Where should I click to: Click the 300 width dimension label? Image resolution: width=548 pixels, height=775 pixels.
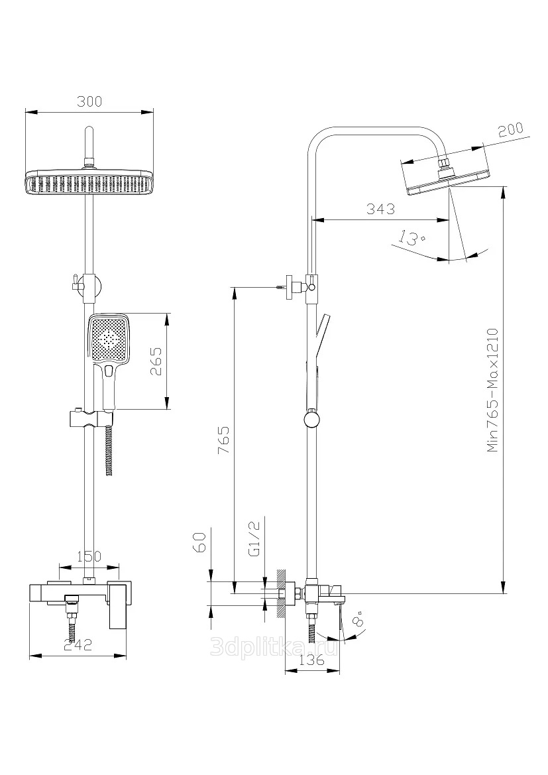89,101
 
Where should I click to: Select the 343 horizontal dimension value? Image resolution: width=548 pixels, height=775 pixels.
380,209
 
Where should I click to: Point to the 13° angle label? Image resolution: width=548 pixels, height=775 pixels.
411,237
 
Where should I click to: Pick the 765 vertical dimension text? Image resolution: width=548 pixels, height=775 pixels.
223,440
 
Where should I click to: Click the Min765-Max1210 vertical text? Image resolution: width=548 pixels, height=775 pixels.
492,390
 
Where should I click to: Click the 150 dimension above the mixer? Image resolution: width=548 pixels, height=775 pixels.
89,557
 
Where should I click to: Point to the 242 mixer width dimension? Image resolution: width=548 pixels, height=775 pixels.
78,645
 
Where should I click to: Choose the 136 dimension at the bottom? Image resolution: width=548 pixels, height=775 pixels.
310,660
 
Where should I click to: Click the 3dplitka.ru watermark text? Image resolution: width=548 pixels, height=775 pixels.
273,648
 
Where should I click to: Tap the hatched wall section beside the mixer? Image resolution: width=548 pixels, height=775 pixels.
281,593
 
